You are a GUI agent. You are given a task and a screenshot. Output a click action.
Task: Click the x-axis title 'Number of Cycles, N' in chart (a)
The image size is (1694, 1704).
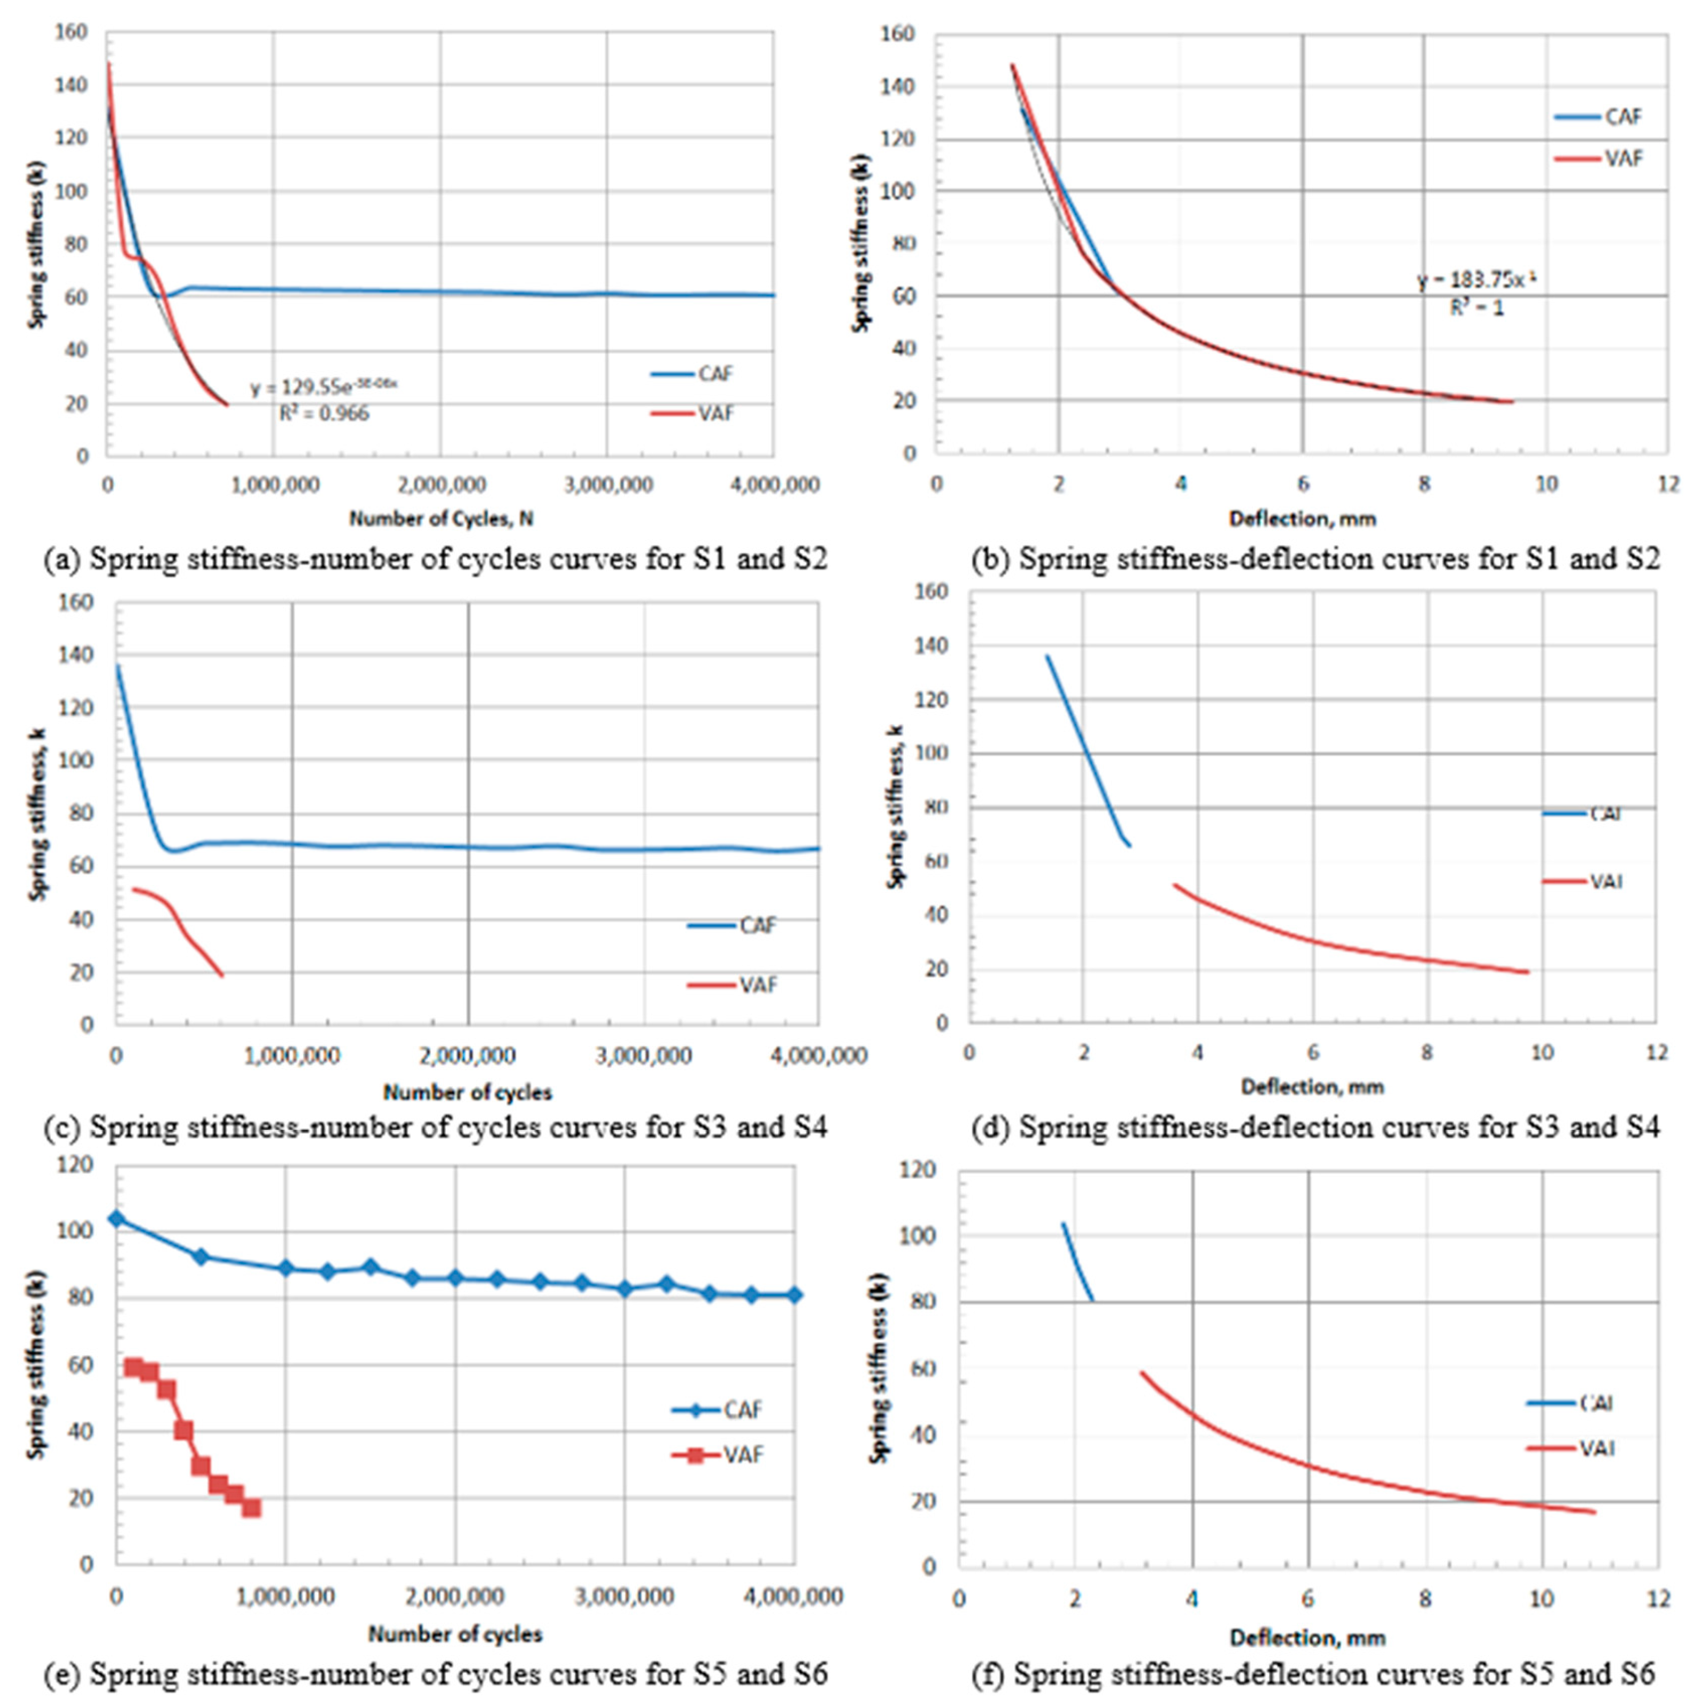click(x=441, y=518)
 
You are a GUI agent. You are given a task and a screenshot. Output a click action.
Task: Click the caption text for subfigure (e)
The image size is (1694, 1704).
click(x=436, y=1672)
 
